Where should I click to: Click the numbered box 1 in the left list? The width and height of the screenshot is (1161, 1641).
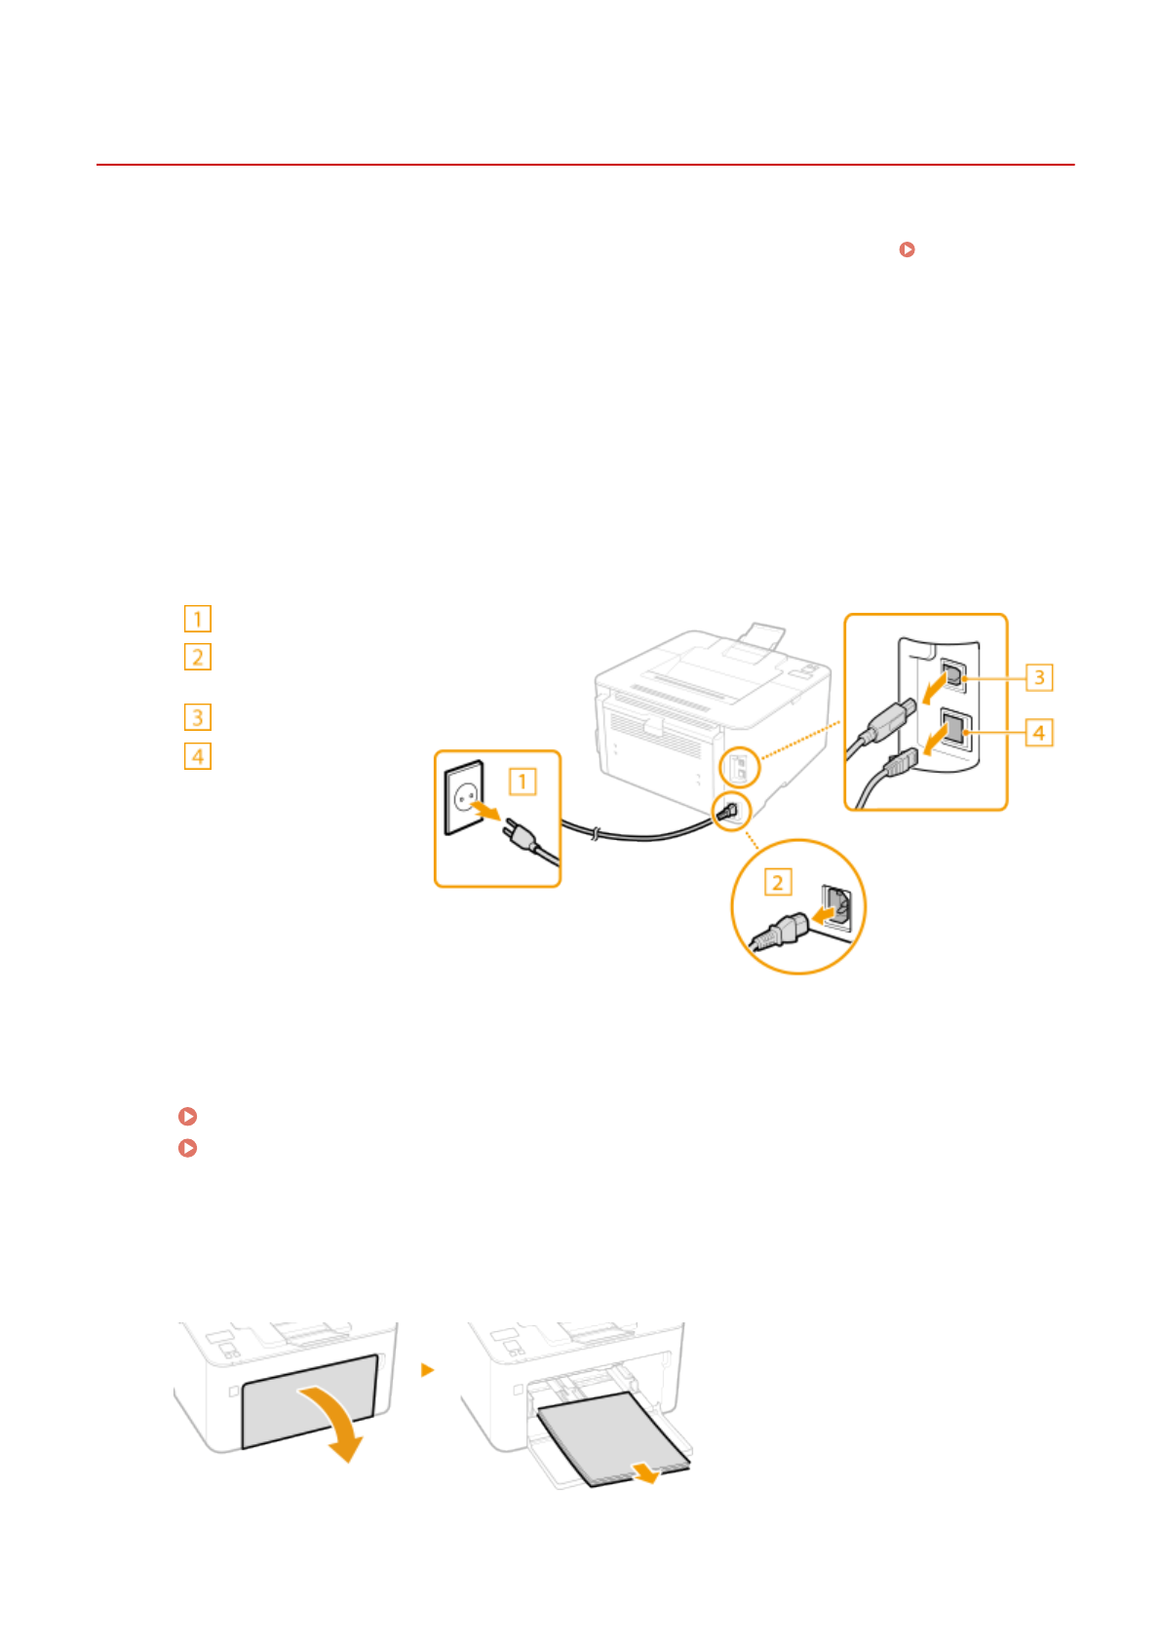coord(197,619)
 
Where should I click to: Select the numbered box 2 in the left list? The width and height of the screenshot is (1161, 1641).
coord(197,658)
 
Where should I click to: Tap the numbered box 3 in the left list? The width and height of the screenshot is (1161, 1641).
coord(197,718)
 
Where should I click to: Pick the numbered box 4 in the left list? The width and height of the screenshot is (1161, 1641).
coord(197,756)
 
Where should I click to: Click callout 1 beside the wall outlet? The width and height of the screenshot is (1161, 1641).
coord(522,782)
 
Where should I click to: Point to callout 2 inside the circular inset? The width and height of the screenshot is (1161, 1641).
coord(777,883)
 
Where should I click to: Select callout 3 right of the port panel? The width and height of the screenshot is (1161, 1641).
coord(1039,677)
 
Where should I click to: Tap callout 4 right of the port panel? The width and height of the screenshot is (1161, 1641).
coord(1039,732)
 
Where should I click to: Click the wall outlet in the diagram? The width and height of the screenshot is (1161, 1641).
coord(463,796)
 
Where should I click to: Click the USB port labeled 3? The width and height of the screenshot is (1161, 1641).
coord(952,674)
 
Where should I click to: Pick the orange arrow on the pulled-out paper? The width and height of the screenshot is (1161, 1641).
coord(644,1471)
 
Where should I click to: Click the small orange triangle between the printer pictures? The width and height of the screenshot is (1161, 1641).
coord(426,1370)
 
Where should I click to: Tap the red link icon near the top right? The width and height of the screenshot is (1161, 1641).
coord(907,249)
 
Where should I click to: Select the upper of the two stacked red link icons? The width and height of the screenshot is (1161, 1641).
coord(188,1116)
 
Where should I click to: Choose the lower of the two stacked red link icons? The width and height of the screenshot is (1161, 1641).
coord(188,1148)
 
